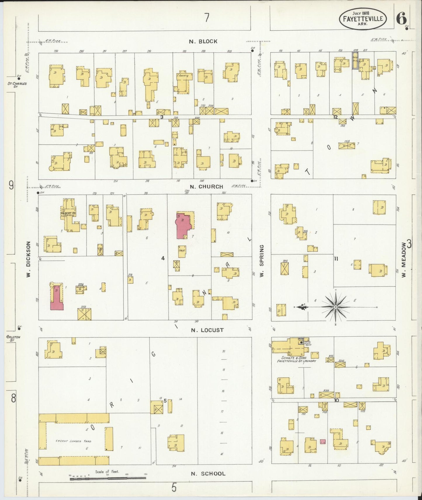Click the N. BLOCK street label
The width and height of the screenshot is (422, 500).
click(203, 41)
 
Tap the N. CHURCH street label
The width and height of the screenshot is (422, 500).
click(206, 187)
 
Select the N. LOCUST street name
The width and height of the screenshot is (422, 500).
click(207, 330)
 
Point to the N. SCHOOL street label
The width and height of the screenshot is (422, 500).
click(208, 474)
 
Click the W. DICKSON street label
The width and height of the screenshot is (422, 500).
click(29, 259)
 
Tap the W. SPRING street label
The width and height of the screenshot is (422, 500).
click(262, 261)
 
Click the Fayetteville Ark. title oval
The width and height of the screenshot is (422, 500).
click(363, 18)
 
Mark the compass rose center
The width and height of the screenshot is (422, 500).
click(336, 307)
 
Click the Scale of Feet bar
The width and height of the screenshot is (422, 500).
click(108, 478)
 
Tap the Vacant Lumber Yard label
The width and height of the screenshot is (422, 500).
click(74, 441)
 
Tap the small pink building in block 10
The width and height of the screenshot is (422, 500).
click(323, 442)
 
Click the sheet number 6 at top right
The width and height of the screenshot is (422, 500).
click(401, 19)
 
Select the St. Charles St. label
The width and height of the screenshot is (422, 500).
click(17, 85)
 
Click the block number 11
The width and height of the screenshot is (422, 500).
click(336, 258)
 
